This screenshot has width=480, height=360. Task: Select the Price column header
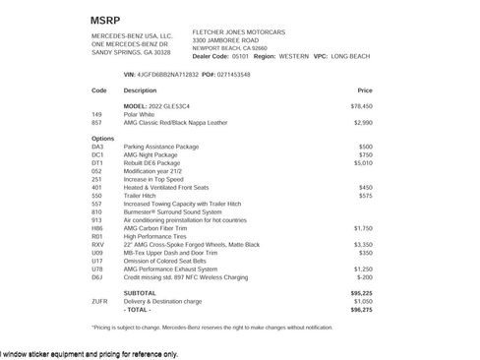pos(365,90)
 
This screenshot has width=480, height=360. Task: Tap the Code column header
pos(98,90)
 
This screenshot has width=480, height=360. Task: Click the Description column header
pos(140,90)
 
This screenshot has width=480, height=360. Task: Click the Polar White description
pos(141,114)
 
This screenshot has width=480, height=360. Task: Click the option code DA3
pos(97,146)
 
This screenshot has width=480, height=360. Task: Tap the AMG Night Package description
pos(151,154)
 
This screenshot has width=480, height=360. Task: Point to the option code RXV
pos(97,244)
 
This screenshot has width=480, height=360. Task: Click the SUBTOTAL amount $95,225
pos(361,292)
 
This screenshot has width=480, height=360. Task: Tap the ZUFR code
pos(99,301)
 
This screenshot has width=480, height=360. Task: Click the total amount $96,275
pos(361,309)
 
